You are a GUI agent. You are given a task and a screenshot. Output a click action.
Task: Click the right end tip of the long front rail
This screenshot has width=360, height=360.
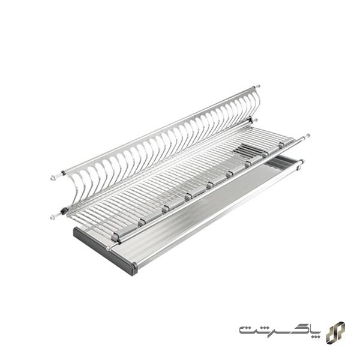(x=308, y=136)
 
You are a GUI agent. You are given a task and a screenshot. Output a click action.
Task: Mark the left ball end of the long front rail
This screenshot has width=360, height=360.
(x=109, y=247)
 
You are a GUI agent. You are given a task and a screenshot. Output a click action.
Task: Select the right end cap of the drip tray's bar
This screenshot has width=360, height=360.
(x=300, y=161)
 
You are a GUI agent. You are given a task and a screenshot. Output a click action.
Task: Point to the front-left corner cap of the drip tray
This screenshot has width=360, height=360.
(x=134, y=268)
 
